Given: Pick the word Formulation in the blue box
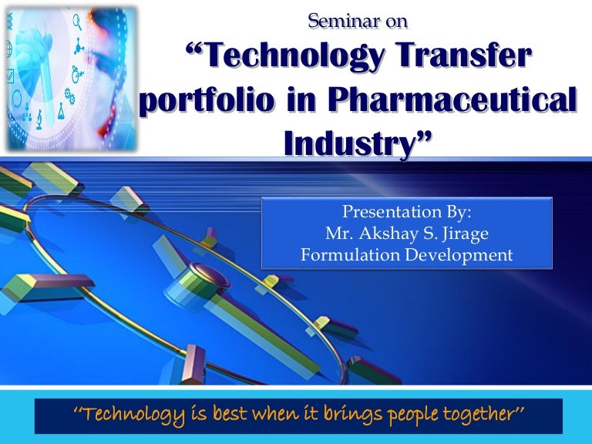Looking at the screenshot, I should point(346,255).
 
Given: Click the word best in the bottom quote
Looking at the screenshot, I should point(213,415).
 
